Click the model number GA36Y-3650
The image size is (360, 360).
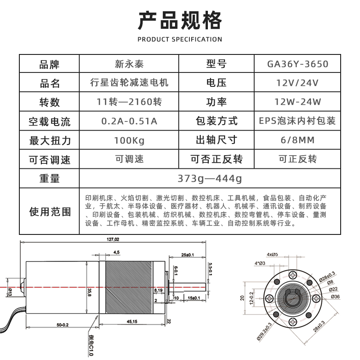(x=297, y=64)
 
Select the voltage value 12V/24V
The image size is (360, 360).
(x=297, y=83)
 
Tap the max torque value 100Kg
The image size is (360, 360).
(x=129, y=140)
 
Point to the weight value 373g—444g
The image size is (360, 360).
(x=210, y=179)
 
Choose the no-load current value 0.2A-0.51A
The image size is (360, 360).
(x=129, y=121)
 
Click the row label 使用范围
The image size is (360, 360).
(x=49, y=211)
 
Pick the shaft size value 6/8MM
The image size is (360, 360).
(x=297, y=140)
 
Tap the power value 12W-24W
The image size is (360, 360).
(x=297, y=102)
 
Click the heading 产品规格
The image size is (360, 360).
(x=180, y=20)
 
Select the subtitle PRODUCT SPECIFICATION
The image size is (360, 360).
(x=180, y=39)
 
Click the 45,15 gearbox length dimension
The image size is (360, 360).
(x=132, y=321)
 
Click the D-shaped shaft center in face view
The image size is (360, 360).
(x=293, y=297)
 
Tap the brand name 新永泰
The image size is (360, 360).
(x=129, y=64)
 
